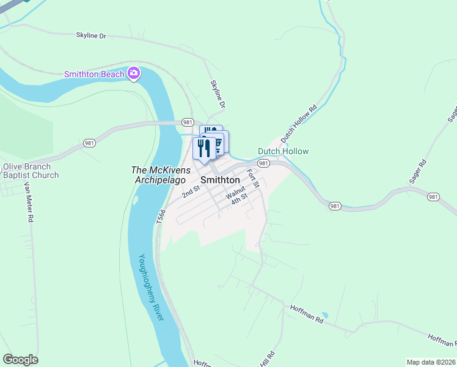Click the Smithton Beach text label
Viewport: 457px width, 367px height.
point(95,74)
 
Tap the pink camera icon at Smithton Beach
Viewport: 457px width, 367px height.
point(134,74)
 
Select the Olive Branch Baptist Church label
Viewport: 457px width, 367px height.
point(31,171)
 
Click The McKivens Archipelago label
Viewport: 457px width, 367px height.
point(161,175)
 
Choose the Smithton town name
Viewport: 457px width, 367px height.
point(220,180)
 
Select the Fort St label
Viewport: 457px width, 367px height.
point(254,178)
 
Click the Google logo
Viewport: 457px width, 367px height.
point(20,360)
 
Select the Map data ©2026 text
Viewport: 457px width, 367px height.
point(430,361)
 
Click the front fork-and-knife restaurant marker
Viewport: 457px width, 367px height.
point(204,148)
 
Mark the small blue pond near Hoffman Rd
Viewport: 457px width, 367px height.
point(324,316)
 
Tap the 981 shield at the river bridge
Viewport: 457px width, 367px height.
point(188,122)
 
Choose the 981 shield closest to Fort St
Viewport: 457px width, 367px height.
point(263,163)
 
